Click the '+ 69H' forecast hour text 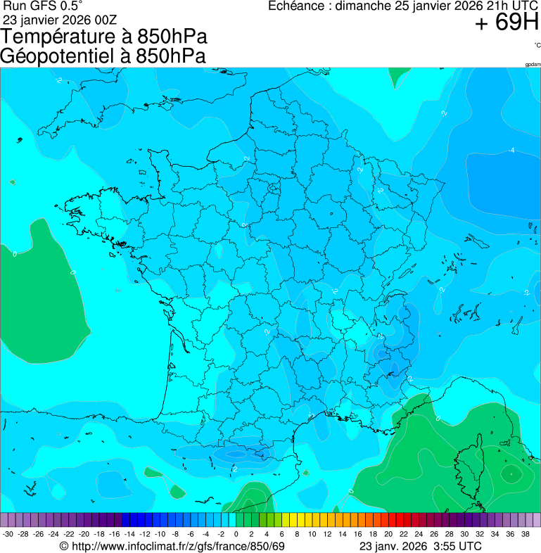[507, 23]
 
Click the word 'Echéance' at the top [297, 6]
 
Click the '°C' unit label [537, 45]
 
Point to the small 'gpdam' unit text [533, 64]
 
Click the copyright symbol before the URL [64, 546]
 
